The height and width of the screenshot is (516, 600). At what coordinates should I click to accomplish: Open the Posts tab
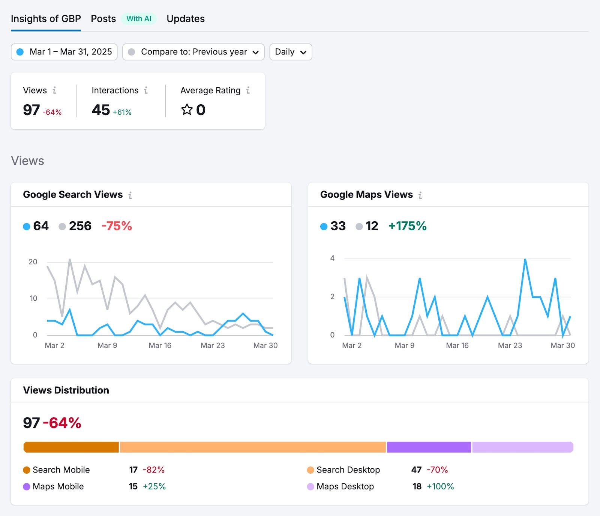[x=103, y=19]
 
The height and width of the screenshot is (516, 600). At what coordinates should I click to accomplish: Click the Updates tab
[x=185, y=19]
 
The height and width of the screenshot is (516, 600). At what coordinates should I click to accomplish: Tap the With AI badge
[x=139, y=19]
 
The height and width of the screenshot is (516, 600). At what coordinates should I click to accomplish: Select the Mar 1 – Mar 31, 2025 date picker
[x=64, y=52]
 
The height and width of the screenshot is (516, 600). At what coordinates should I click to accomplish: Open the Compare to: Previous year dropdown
[x=193, y=52]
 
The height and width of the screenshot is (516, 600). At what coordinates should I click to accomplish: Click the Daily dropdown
[x=291, y=52]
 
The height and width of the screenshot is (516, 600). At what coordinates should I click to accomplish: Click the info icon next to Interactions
[x=146, y=90]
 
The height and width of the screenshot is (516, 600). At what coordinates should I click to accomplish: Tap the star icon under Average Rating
[x=187, y=109]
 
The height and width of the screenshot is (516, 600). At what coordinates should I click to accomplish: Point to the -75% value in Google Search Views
[x=117, y=226]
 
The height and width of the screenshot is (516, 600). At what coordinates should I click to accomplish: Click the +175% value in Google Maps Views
[x=407, y=226]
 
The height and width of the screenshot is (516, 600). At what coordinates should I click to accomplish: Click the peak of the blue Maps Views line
[x=525, y=259]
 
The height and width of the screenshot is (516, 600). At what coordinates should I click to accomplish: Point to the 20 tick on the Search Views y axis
[x=33, y=262]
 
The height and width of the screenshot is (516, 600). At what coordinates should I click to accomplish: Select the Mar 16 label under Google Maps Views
[x=457, y=345]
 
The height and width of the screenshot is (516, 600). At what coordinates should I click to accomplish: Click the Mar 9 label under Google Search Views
[x=107, y=345]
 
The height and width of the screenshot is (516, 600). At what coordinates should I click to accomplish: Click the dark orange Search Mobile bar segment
[x=71, y=447]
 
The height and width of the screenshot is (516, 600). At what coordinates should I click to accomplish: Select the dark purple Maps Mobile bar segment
[x=429, y=447]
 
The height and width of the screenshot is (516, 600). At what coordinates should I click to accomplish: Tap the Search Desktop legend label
[x=348, y=470]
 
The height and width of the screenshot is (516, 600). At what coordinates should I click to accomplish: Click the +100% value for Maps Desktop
[x=440, y=486]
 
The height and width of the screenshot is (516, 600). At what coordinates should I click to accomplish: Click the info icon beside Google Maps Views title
[x=420, y=195]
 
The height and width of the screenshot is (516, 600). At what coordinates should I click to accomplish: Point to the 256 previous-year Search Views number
[x=80, y=226]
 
